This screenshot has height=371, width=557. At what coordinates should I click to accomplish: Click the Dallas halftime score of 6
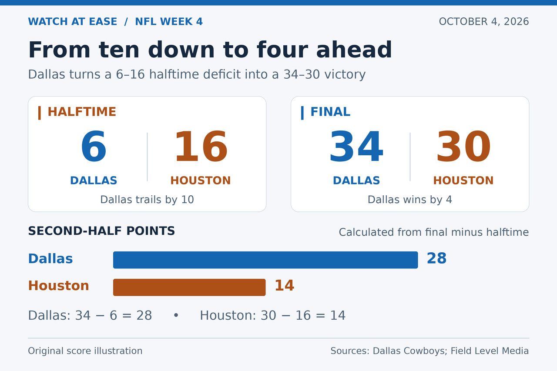pyautogui.click(x=94, y=146)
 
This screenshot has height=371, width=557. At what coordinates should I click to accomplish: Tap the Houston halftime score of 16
pyautogui.click(x=201, y=146)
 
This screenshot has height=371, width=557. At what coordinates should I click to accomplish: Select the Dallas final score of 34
pyautogui.click(x=356, y=146)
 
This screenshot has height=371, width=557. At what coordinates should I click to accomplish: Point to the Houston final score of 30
pyautogui.click(x=463, y=146)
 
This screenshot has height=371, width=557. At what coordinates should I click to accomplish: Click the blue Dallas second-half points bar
pyautogui.click(x=265, y=260)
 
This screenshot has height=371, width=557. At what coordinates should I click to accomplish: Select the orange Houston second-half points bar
pyautogui.click(x=189, y=287)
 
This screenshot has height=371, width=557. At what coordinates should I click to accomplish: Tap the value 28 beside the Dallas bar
pyautogui.click(x=436, y=258)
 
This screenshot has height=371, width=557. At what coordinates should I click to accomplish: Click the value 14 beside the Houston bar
pyautogui.click(x=285, y=285)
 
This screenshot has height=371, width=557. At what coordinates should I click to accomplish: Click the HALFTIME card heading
pyautogui.click(x=82, y=112)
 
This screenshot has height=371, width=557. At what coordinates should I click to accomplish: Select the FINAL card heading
pyautogui.click(x=330, y=112)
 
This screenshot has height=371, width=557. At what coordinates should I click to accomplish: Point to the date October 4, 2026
pyautogui.click(x=483, y=22)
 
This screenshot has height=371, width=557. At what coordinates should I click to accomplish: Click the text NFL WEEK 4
pyautogui.click(x=169, y=22)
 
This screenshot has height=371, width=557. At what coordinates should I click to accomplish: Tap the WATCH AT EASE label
pyautogui.click(x=72, y=22)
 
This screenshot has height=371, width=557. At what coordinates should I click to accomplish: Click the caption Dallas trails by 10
pyautogui.click(x=147, y=200)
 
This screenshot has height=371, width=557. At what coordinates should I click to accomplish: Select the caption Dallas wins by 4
pyautogui.click(x=410, y=200)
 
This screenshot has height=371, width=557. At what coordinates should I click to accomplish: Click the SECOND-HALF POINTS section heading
pyautogui.click(x=101, y=231)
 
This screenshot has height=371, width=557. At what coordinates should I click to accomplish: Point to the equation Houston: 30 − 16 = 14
pyautogui.click(x=272, y=315)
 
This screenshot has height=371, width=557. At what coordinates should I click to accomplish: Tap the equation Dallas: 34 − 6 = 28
pyautogui.click(x=90, y=315)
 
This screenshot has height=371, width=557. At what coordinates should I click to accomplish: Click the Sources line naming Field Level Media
pyautogui.click(x=429, y=351)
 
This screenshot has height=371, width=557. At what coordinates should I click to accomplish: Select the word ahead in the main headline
pyautogui.click(x=354, y=50)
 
